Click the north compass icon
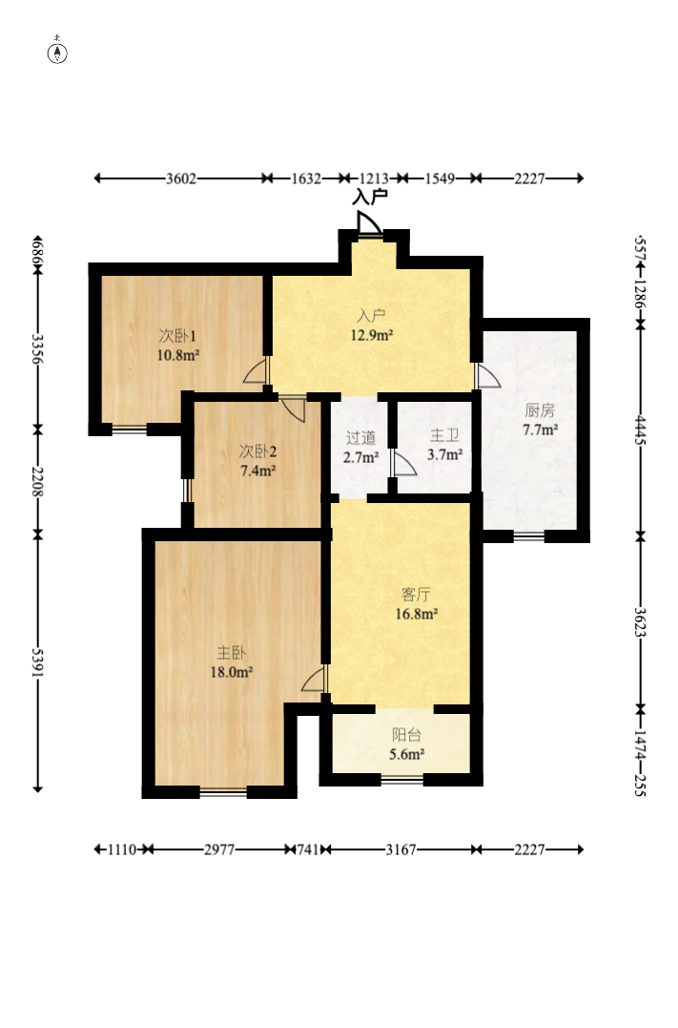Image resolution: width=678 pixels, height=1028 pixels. click(x=57, y=52)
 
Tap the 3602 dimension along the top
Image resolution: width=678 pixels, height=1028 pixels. click(x=181, y=178)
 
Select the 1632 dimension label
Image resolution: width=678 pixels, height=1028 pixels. click(x=306, y=178)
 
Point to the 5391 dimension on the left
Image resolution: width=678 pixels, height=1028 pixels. click(x=37, y=663)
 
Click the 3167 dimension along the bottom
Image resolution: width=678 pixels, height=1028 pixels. click(x=401, y=850)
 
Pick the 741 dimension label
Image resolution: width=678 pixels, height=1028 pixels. click(x=308, y=850)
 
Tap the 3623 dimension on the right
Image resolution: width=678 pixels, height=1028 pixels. click(x=640, y=622)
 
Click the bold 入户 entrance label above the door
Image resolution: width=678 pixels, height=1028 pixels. click(x=370, y=197)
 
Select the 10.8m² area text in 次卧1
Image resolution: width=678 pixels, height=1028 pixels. click(x=178, y=356)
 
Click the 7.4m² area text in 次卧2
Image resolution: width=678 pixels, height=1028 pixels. click(x=257, y=471)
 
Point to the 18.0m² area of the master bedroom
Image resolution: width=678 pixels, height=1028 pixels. click(x=231, y=672)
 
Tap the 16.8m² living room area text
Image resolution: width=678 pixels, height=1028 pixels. click(x=416, y=615)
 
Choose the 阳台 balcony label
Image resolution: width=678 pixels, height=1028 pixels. click(x=406, y=735)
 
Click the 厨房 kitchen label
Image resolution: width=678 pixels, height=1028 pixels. click(x=540, y=410)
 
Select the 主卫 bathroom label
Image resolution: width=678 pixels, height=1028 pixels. click(x=444, y=435)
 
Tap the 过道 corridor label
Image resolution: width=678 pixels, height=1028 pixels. click(x=360, y=438)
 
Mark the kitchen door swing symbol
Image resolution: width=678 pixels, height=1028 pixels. click(x=488, y=376)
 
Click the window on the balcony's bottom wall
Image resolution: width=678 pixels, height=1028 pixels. click(x=402, y=780)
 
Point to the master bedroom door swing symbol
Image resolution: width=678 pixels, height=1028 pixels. click(x=313, y=679)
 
